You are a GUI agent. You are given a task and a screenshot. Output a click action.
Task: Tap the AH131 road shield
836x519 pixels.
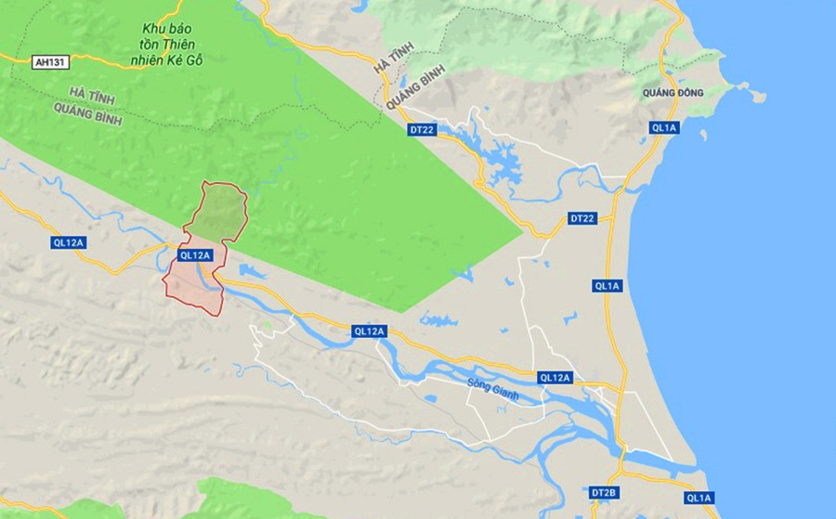click(49, 62)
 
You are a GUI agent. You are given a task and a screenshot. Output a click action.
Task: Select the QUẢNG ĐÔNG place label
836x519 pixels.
click(673, 93)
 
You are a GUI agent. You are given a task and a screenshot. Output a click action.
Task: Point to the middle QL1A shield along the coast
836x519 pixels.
click(607, 286)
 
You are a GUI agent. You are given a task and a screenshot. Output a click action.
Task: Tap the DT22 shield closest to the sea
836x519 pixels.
click(581, 218)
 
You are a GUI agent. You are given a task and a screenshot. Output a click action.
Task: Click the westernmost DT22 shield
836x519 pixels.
click(422, 131)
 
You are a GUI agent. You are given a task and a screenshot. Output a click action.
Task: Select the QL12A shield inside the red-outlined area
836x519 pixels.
click(196, 255)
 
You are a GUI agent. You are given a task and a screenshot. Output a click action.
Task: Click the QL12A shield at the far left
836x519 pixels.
click(69, 242)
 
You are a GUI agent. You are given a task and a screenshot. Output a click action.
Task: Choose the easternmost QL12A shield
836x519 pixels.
click(555, 378)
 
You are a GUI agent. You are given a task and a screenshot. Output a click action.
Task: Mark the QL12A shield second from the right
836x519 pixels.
click(370, 331)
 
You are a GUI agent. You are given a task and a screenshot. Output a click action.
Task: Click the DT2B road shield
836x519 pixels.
click(602, 491)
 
